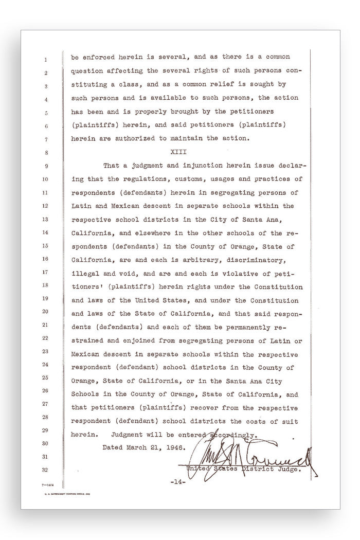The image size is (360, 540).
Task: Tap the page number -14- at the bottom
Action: point(177,482)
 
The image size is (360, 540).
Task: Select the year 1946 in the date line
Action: point(160,447)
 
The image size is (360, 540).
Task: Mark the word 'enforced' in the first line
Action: point(101,58)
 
